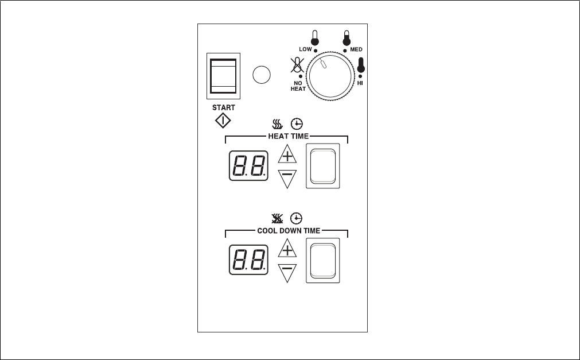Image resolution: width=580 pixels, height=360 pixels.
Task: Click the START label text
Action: coord(223,107)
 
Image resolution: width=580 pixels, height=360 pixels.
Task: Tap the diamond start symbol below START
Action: coord(223,121)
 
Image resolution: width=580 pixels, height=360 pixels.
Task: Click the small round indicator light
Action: coord(262,75)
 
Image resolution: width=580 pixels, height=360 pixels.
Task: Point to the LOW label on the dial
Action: coord(305,49)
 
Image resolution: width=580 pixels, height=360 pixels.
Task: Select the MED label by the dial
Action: coord(356,50)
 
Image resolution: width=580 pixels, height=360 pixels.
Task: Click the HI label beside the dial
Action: coord(360,83)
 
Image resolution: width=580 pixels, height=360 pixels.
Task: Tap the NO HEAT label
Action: coord(298,86)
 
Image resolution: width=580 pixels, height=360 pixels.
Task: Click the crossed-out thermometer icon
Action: coord(297,66)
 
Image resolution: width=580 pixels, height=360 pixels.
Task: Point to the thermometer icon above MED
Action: coord(347,38)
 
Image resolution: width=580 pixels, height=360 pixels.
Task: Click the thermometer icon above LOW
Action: coord(314,38)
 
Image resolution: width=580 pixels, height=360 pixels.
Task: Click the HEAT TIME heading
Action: coord(288,136)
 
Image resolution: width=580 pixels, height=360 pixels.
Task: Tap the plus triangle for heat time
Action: coord(287,155)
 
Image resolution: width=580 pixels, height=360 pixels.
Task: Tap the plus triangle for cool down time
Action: coord(287,249)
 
